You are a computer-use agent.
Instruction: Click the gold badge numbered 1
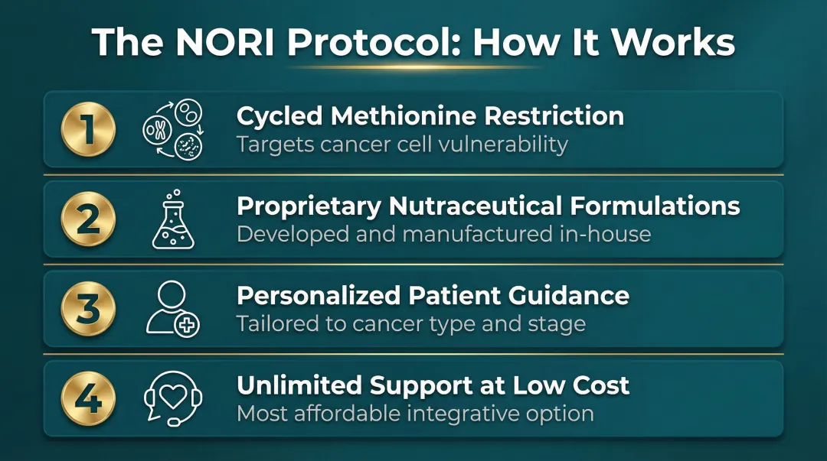[x=88, y=129]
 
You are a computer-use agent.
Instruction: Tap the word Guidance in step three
[x=570, y=296]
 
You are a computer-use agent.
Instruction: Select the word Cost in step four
[x=600, y=385]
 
